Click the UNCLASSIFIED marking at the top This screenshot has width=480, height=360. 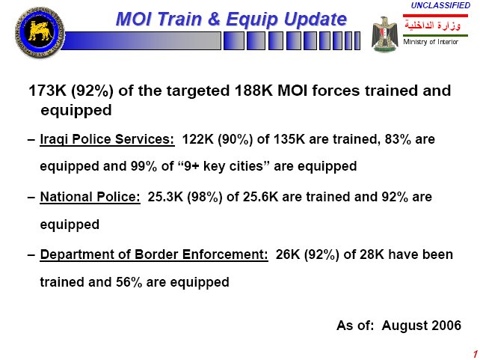pyautogui.click(x=440, y=5)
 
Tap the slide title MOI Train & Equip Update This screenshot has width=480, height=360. pyautogui.click(x=232, y=19)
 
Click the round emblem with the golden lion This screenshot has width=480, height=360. pyautogui.click(x=40, y=32)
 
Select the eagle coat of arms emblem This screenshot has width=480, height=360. pyautogui.click(x=385, y=34)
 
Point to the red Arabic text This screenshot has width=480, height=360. pyautogui.click(x=433, y=25)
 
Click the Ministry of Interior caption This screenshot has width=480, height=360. pyautogui.click(x=431, y=42)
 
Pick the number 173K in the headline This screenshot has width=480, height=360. pyautogui.click(x=47, y=91)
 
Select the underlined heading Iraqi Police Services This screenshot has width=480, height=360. pyautogui.click(x=107, y=139)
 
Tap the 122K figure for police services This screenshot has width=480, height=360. pyautogui.click(x=197, y=139)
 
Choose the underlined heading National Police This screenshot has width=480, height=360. pyautogui.click(x=90, y=197)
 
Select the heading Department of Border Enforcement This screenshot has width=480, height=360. pyautogui.click(x=154, y=255)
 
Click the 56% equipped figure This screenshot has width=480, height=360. pyautogui.click(x=129, y=282)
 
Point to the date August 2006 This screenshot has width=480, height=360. pyautogui.click(x=421, y=326)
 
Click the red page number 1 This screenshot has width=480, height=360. pyautogui.click(x=476, y=353)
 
